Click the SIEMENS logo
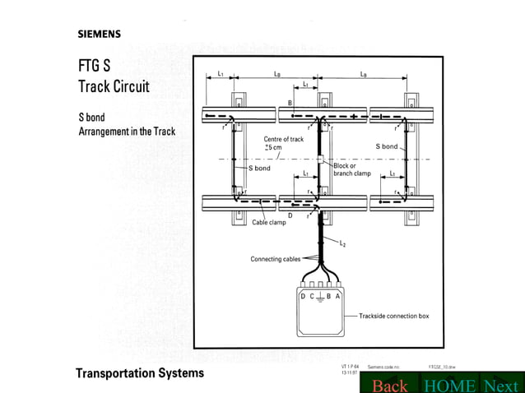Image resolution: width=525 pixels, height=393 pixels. tap(99, 35)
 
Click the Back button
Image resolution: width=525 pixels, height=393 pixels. tap(389, 386)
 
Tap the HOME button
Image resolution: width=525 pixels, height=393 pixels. tap(450, 386)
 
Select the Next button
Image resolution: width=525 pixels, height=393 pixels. tap(500, 386)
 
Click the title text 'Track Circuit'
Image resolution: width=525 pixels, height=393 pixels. tap(114, 86)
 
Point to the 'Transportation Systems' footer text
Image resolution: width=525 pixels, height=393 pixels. tap(140, 373)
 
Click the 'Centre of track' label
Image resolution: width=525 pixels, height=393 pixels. tap(284, 139)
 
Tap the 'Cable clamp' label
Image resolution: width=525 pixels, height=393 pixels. tap(269, 222)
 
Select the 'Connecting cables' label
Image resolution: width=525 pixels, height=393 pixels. tap(275, 259)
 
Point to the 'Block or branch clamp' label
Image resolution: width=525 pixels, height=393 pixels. tap(352, 169)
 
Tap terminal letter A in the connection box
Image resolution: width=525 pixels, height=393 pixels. tap(338, 295)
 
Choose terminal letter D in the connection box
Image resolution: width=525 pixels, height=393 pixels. tap(303, 295)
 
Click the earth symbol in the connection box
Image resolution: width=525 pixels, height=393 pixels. tap(320, 297)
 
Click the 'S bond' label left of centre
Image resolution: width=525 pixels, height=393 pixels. tap(259, 168)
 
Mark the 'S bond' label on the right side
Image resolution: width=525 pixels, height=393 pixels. tap(387, 146)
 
